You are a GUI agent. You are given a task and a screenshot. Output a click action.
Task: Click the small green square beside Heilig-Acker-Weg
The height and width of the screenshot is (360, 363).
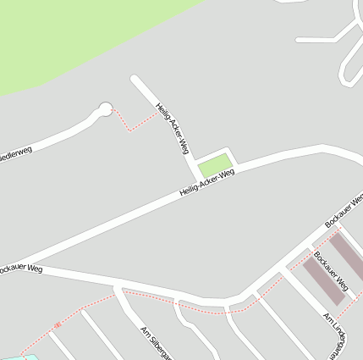click(215, 165)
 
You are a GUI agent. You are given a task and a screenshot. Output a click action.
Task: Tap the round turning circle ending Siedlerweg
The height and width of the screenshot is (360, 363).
click(105, 108)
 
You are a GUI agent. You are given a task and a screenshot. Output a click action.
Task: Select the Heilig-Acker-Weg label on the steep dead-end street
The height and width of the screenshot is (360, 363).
click(173, 128)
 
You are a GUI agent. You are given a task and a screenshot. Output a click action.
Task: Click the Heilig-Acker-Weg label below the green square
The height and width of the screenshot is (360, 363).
click(206, 181)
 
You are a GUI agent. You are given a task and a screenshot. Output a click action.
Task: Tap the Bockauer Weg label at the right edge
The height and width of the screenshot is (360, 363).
click(344, 210)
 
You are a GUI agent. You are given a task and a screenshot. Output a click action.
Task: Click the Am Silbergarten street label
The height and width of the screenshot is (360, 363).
click(157, 342)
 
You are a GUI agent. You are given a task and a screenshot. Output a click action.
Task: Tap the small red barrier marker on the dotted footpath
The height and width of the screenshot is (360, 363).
click(58, 324)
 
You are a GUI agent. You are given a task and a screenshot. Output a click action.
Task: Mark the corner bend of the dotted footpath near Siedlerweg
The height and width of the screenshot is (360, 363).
click(129, 130)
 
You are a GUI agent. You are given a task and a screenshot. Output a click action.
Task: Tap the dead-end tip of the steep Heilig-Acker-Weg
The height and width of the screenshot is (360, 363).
click(135, 79)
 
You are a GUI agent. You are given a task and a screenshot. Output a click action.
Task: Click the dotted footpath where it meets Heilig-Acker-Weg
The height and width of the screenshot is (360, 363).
click(158, 113)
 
